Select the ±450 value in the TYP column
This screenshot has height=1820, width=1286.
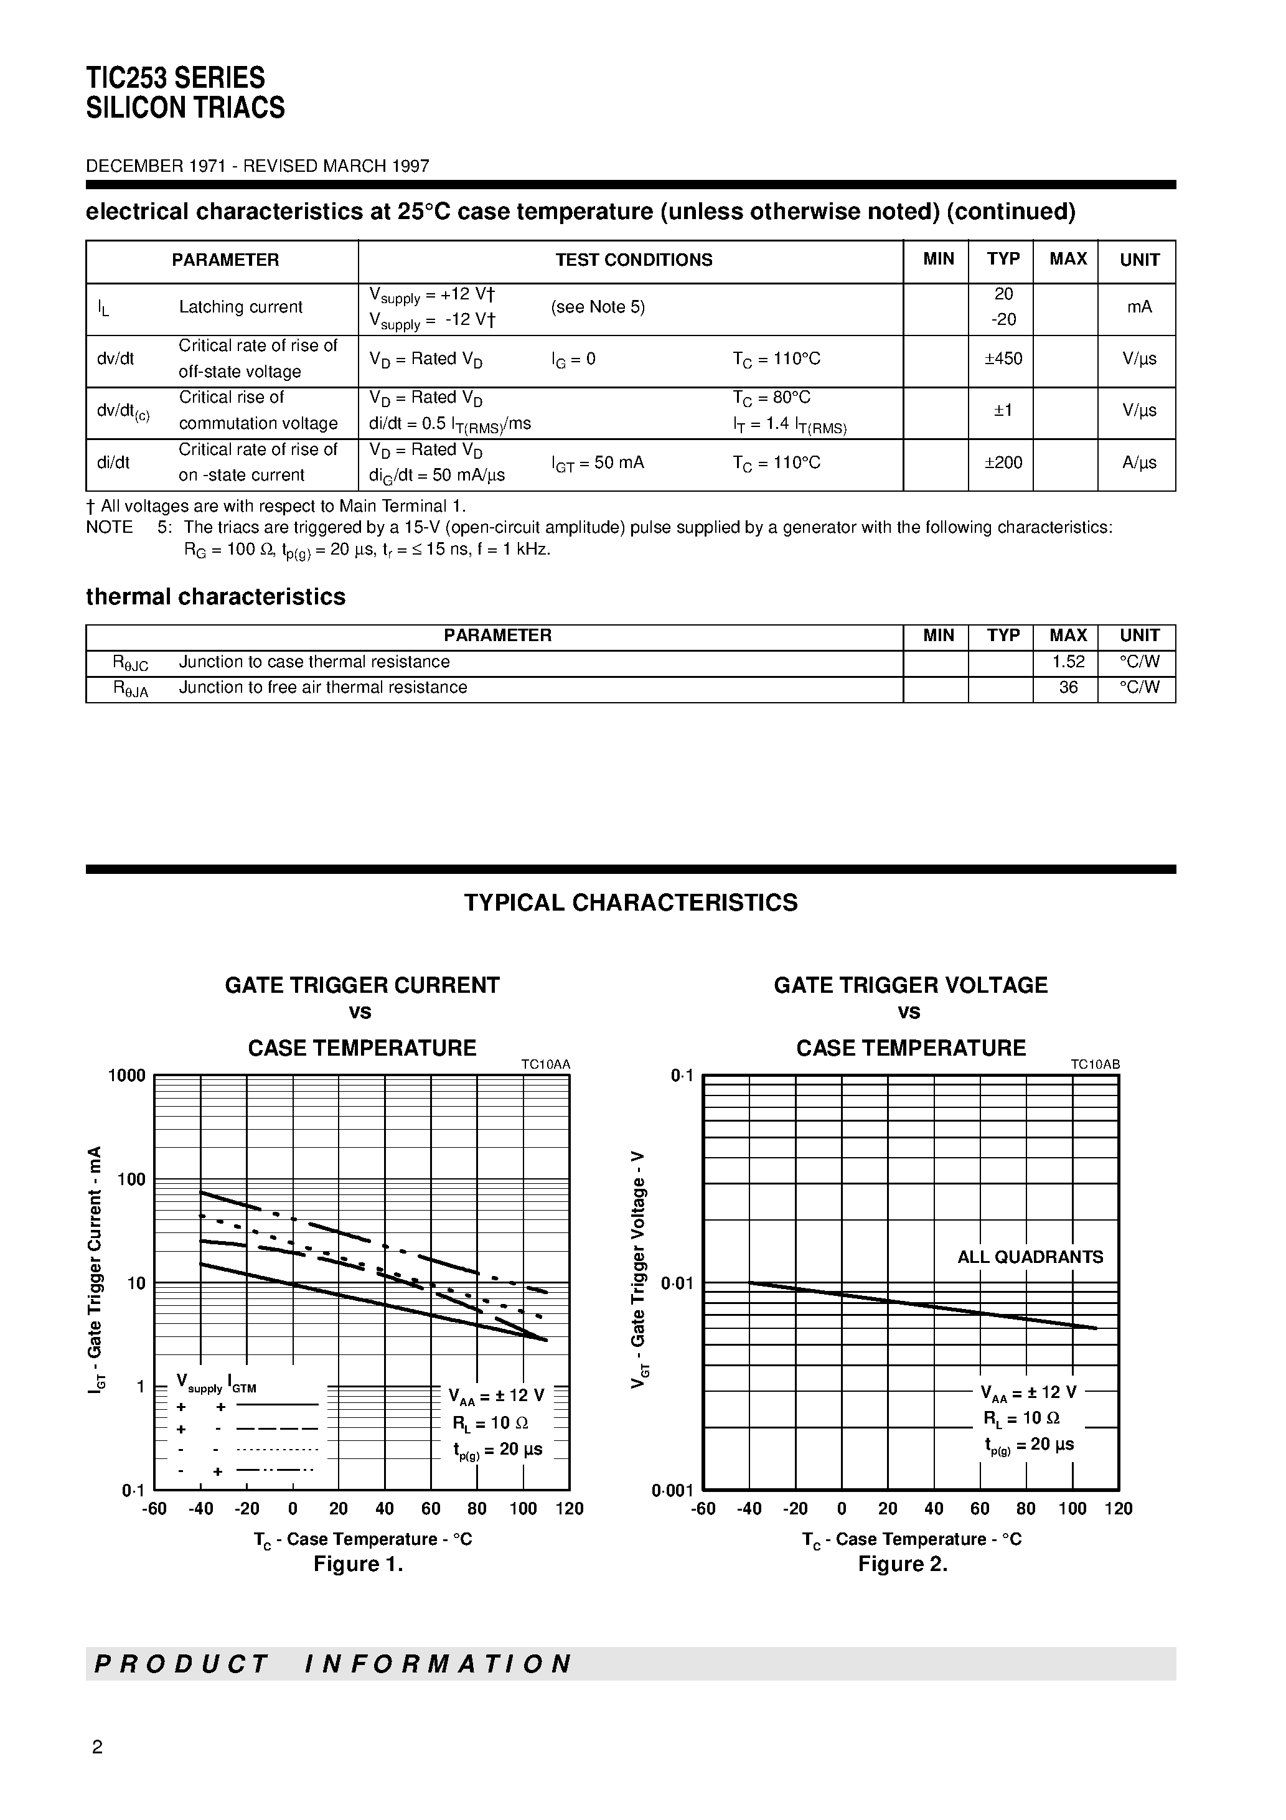click(1003, 359)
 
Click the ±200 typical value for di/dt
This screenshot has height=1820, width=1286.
click(1003, 462)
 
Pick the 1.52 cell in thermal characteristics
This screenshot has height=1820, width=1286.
click(1067, 661)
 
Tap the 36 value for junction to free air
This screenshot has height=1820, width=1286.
click(1067, 687)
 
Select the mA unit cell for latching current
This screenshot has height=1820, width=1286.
click(1138, 307)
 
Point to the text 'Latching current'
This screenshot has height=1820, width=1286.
click(240, 307)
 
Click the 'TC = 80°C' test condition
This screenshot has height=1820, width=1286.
click(771, 397)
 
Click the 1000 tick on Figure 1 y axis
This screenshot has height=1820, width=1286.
click(127, 1076)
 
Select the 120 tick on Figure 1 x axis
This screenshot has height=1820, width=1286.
click(570, 1509)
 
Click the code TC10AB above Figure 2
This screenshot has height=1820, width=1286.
click(1094, 1064)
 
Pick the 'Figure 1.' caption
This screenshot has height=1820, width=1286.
click(359, 1564)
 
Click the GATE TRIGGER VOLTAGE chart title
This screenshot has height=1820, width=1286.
click(910, 985)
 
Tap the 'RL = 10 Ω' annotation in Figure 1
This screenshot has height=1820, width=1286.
click(490, 1423)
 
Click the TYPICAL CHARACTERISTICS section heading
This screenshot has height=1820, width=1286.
click(631, 903)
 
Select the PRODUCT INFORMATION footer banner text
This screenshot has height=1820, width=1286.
click(333, 1663)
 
